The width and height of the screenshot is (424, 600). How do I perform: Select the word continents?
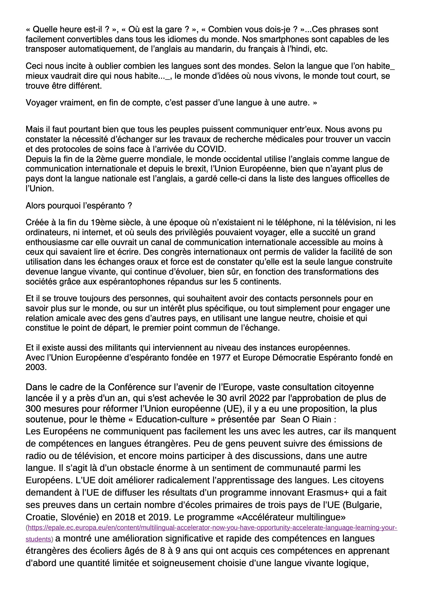(x=262, y=282)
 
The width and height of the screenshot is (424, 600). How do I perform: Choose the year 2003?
(x=36, y=367)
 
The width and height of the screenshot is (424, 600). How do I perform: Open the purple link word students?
(x=38, y=539)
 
